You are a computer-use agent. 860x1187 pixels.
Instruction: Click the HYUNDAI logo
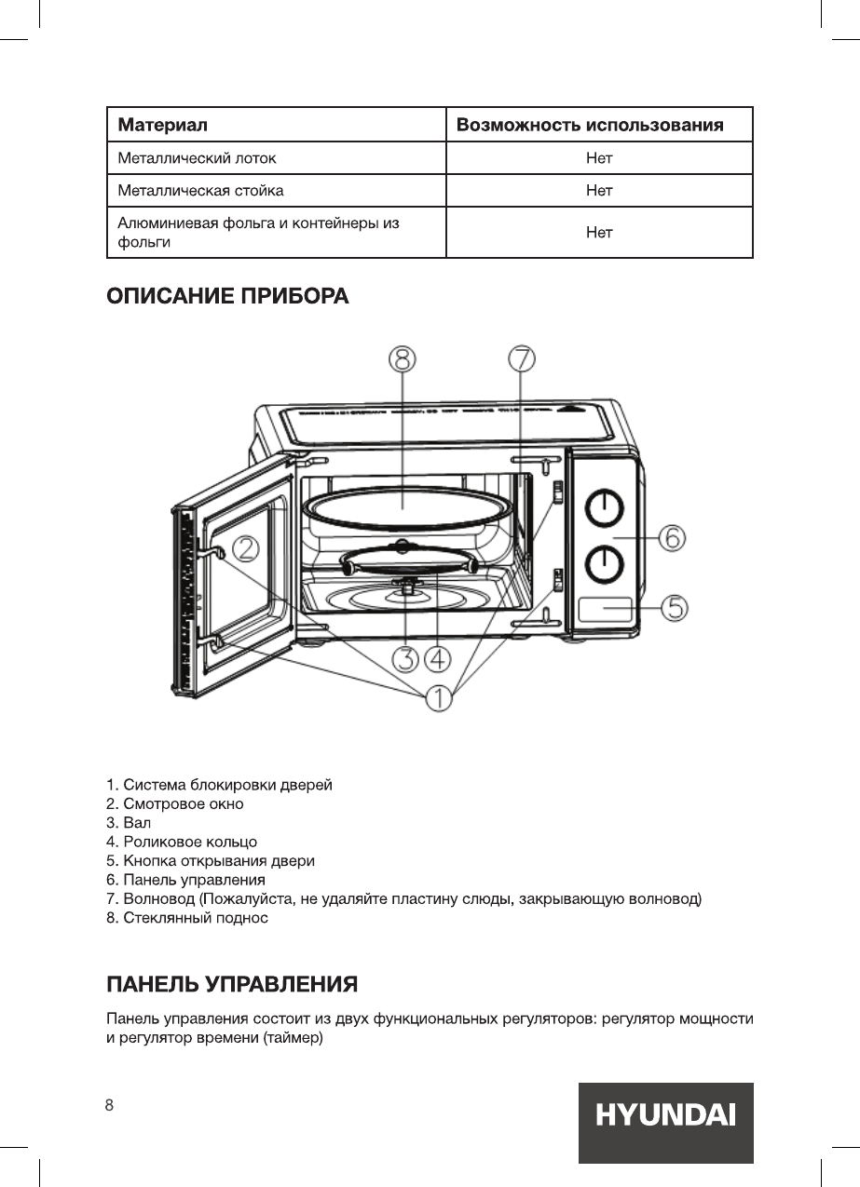tap(665, 1114)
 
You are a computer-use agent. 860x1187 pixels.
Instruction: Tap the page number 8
tap(110, 1105)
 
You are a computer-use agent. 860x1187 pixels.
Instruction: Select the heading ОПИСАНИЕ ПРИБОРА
tap(228, 297)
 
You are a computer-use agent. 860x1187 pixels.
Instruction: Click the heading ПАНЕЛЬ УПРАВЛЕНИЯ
tap(232, 984)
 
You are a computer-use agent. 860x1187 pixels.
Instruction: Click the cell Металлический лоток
tap(197, 158)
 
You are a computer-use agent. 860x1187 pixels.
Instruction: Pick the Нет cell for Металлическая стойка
tap(599, 191)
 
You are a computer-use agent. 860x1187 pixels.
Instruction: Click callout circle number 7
tap(522, 358)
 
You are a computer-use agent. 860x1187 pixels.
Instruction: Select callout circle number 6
tap(673, 538)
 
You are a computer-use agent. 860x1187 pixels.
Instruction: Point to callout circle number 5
tap(675, 608)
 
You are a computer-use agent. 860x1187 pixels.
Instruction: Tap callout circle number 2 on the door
tap(246, 549)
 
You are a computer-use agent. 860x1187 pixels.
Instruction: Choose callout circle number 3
tap(405, 660)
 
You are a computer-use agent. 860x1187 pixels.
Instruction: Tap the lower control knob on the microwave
tap(604, 562)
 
